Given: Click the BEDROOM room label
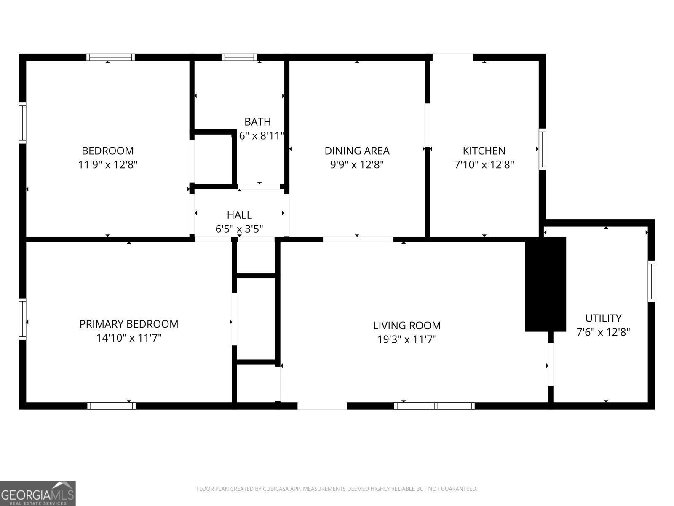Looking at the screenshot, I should tap(107, 151).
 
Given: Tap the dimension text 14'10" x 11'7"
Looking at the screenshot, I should tap(129, 338).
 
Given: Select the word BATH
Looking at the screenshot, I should tap(257, 122).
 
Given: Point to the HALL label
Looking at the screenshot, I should tap(239, 215).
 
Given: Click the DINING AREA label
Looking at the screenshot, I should tap(357, 151).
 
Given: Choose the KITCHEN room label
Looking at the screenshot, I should tap(484, 151).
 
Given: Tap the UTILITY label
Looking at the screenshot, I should tap(603, 318).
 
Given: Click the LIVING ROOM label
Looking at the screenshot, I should tap(407, 326).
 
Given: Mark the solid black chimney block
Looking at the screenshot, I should tap(545, 284).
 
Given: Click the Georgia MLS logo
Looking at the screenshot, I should tap(37, 493).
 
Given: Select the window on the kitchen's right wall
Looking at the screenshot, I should tap(542, 149).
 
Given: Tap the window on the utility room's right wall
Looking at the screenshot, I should tap(651, 281).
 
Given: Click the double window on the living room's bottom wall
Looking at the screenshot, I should tap(434, 406).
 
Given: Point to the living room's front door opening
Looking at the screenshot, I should tap(322, 406).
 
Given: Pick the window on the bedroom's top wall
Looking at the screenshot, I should tap(111, 57).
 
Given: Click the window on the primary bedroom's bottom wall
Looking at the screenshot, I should tap(111, 406).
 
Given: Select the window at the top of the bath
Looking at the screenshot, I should tap(239, 57).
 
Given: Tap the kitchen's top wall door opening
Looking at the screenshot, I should tap(453, 57).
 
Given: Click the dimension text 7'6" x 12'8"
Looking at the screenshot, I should tap(603, 332).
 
